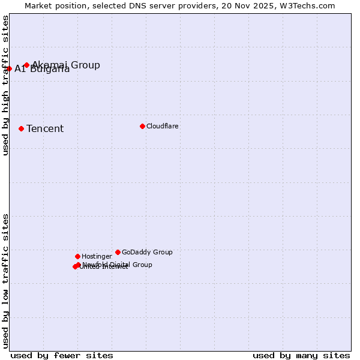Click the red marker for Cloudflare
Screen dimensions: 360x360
click(x=142, y=126)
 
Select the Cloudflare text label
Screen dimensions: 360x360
click(x=162, y=126)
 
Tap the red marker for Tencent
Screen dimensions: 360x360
click(x=21, y=128)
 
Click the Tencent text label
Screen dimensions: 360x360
click(x=45, y=129)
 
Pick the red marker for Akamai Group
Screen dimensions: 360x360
click(x=26, y=65)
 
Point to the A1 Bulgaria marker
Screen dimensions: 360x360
click(x=9, y=68)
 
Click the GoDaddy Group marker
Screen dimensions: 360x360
click(x=118, y=252)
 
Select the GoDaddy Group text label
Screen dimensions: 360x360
click(x=147, y=253)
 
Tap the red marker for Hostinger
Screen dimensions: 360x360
click(x=77, y=256)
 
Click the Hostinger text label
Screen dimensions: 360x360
click(x=97, y=257)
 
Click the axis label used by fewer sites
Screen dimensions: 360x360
click(x=62, y=355)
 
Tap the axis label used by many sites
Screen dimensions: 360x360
click(x=301, y=355)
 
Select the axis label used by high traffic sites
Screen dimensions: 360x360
click(x=6, y=85)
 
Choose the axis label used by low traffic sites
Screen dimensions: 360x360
click(x=6, y=280)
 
